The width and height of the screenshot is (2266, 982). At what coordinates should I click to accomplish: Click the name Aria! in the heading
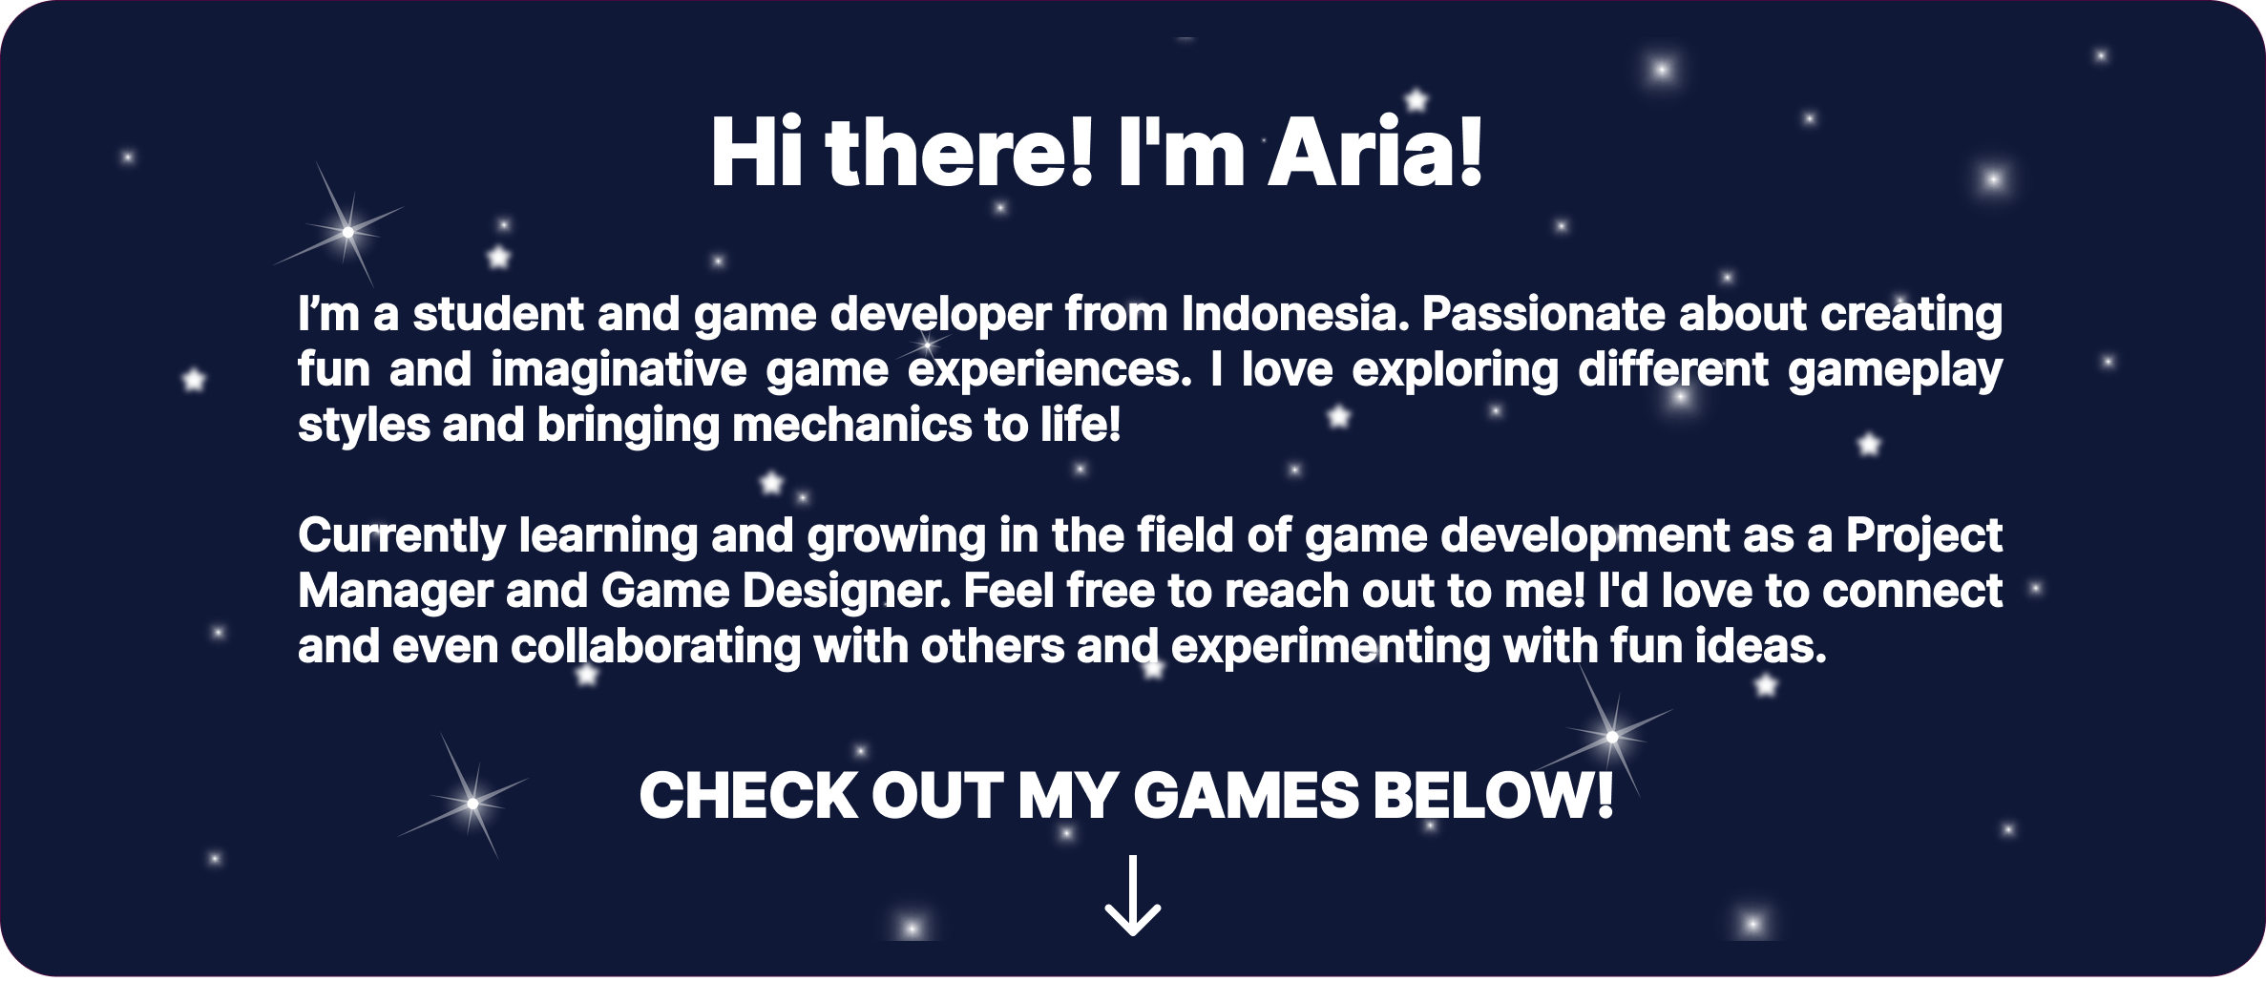[x=1375, y=153]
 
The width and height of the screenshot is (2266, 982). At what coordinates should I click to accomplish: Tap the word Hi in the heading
[x=757, y=153]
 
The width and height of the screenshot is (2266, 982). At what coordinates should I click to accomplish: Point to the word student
[x=497, y=314]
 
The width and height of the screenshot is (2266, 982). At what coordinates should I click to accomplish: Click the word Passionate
[x=1543, y=314]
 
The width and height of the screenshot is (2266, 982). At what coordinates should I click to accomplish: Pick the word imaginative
[x=618, y=370]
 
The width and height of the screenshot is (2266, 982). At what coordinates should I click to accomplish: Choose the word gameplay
[x=1895, y=370]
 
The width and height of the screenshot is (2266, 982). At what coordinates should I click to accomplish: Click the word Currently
[x=402, y=536]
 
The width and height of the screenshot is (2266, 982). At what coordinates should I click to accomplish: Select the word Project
[x=1923, y=536]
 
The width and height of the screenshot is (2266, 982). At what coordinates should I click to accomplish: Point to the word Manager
[x=395, y=592]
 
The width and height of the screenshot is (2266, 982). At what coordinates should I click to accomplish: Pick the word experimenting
[x=1330, y=647]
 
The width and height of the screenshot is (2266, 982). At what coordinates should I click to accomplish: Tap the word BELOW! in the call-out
[x=1492, y=795]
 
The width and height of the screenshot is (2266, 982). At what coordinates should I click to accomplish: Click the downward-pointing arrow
[x=1133, y=896]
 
